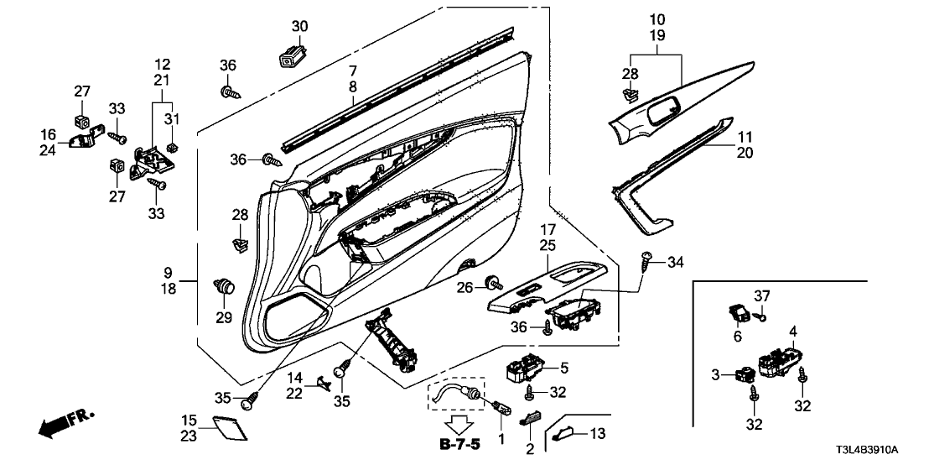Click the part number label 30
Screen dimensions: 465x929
[x=300, y=25]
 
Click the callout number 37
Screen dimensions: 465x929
[x=760, y=295]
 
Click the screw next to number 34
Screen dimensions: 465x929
[x=646, y=261]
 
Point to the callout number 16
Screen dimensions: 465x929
[x=48, y=133]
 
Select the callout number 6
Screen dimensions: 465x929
[x=738, y=336]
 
